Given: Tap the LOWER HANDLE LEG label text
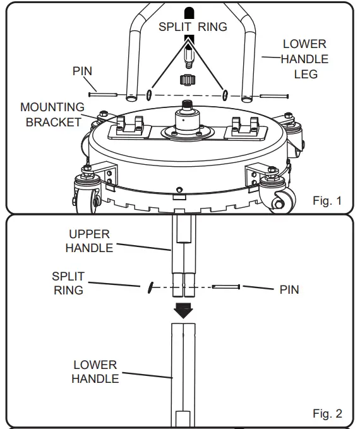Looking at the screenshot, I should (305, 59).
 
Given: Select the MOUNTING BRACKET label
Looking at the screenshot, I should (52, 114).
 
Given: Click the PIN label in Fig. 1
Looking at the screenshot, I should (83, 71).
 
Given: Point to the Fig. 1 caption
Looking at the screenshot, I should (327, 202).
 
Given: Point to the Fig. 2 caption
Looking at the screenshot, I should (327, 414).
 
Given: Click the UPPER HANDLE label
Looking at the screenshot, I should (89, 241).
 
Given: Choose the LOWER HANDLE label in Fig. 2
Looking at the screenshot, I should (94, 372).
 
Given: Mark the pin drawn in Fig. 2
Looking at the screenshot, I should (226, 287).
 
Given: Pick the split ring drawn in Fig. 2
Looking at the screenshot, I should (149, 287).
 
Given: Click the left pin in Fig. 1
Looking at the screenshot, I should (103, 95).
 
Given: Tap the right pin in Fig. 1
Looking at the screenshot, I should (273, 97).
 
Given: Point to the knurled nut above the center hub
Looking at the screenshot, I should (186, 80).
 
